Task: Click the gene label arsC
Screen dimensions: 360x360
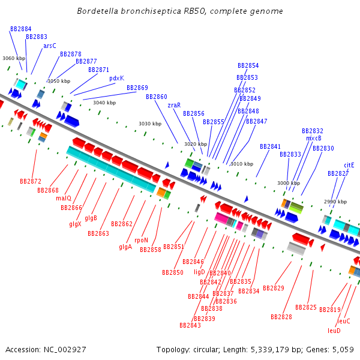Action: point(50,46)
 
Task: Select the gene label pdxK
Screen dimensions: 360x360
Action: point(116,78)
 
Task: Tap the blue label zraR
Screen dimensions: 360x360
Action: point(174,105)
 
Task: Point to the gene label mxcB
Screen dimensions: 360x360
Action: point(314,138)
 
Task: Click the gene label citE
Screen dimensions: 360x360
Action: point(349,164)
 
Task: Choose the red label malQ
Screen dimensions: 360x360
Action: point(64,198)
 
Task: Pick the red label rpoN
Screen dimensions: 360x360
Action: point(141,240)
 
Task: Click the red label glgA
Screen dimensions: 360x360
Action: point(125,247)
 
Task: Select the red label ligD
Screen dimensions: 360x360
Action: point(199,272)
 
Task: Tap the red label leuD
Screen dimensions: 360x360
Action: point(334,330)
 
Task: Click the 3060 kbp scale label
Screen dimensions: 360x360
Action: point(14,58)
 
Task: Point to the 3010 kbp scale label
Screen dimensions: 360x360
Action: point(242,164)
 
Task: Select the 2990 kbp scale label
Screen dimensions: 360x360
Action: point(335,202)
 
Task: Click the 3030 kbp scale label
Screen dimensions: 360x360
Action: point(150,124)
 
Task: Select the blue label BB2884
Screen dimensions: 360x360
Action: point(21,29)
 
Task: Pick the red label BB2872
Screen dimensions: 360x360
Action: point(31,181)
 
